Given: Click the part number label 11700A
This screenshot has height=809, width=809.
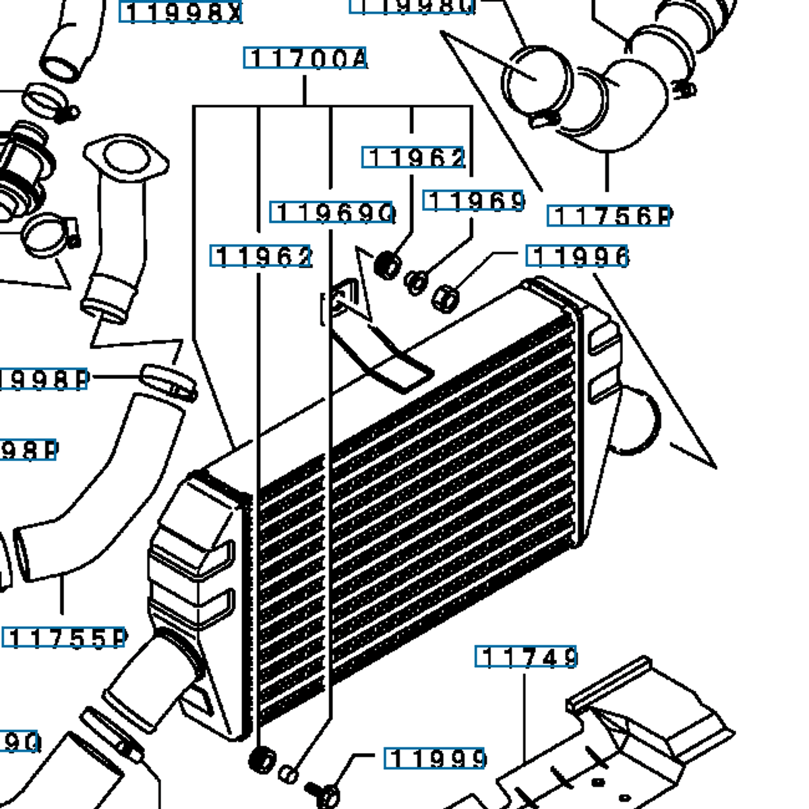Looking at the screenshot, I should coord(305,59).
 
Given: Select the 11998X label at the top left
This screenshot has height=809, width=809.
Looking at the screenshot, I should coord(181,11).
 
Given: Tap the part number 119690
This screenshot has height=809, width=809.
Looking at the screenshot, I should coord(333,212).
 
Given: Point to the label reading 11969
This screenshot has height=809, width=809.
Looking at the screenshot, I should coord(474,201).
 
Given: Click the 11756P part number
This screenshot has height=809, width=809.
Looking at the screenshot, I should coord(609,216).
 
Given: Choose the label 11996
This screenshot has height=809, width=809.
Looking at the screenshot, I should coord(577,256).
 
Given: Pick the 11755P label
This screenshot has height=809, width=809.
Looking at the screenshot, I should coord(65,638).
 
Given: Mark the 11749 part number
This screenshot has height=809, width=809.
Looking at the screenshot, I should coord(526,656).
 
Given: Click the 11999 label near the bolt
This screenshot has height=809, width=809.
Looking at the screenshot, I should coord(435,758).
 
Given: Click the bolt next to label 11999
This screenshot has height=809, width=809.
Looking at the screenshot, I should coord(322,792).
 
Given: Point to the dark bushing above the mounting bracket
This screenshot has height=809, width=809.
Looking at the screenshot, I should coord(387,264).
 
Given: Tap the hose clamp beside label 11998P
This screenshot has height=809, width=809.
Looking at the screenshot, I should coord(169,381).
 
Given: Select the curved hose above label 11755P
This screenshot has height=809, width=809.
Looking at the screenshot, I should coord(101,492).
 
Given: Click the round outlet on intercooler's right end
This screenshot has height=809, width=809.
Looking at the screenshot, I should coord(637,421).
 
